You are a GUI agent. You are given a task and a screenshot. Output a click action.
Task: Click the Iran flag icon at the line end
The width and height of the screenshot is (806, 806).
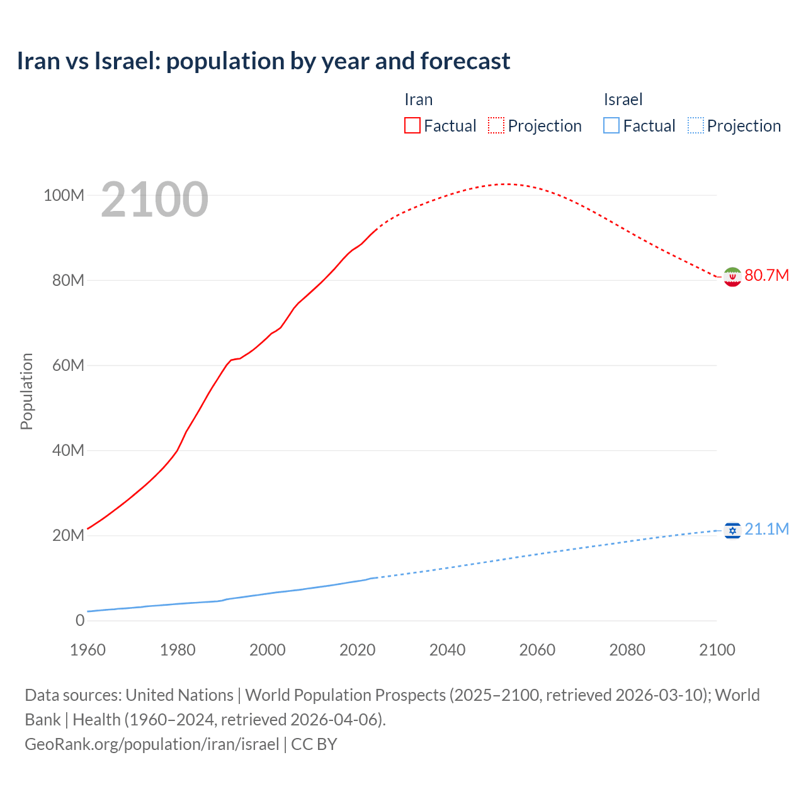(x=732, y=276)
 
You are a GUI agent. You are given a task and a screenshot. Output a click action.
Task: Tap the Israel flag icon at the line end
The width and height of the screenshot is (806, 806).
(x=732, y=531)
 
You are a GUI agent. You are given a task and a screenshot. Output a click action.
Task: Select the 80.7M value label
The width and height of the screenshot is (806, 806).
(x=766, y=276)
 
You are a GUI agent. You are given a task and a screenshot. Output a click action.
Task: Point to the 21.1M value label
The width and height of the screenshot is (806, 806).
(x=766, y=530)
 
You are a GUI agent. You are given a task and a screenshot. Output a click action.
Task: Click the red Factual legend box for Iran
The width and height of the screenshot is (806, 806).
(x=412, y=126)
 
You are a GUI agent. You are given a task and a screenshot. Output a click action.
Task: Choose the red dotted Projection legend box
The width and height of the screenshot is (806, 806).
(x=496, y=126)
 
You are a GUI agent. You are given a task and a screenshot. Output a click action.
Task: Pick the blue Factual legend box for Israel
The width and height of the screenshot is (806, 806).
(x=611, y=126)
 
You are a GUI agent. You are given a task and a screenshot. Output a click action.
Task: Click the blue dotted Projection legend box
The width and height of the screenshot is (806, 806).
(x=696, y=126)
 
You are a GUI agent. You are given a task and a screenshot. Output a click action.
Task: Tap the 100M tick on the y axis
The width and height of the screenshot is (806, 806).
(x=64, y=196)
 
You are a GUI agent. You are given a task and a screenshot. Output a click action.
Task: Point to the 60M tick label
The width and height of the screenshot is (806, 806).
(x=68, y=366)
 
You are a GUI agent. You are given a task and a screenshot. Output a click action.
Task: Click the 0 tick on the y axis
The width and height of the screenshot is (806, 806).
(x=80, y=621)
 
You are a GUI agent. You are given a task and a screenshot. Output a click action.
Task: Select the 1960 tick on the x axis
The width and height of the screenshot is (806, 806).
(x=88, y=650)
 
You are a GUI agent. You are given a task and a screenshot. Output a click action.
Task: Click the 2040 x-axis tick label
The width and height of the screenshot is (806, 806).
(x=447, y=650)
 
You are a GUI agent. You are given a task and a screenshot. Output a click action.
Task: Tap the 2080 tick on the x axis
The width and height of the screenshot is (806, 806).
(x=627, y=650)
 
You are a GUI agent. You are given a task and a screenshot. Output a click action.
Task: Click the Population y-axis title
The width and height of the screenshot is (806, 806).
(x=26, y=391)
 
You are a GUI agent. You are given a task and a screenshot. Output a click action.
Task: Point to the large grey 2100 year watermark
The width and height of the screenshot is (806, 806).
(x=154, y=200)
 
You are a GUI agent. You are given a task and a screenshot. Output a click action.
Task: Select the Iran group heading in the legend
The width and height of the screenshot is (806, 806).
(x=418, y=99)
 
